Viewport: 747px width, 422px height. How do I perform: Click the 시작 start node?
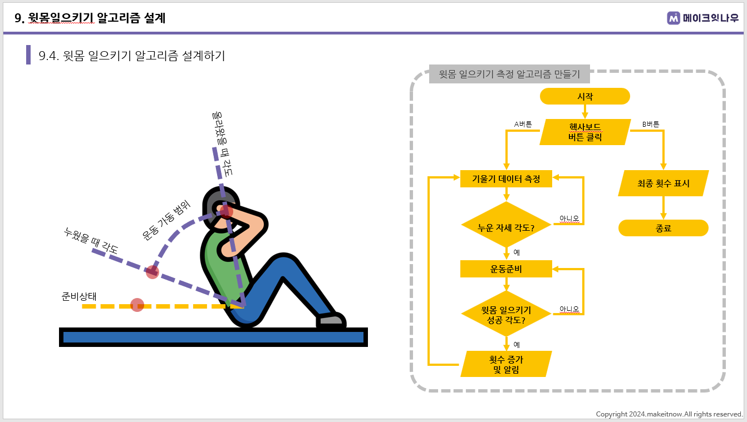tap(584, 96)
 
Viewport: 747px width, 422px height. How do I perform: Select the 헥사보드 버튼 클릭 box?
tap(585, 132)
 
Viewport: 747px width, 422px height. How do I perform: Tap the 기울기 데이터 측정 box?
tap(506, 179)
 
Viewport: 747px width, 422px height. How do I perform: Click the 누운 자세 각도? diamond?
tap(506, 225)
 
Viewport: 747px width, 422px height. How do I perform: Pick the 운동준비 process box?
tap(506, 269)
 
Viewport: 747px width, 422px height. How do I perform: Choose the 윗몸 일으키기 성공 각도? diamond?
tap(506, 314)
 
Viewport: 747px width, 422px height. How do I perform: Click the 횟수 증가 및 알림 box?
tap(506, 364)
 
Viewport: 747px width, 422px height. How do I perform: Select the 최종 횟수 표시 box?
tap(664, 183)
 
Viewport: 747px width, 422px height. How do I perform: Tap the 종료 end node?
tap(664, 228)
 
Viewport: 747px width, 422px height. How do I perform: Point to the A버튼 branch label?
tap(523, 124)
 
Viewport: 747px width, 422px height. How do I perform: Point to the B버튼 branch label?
tap(651, 124)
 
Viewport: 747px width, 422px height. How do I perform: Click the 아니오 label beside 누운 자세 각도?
tap(569, 219)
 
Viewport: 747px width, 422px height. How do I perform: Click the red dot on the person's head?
tap(227, 211)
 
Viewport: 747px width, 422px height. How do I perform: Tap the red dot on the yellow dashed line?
tap(137, 305)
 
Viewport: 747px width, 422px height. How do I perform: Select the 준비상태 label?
tap(79, 296)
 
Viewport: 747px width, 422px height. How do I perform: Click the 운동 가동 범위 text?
tap(166, 220)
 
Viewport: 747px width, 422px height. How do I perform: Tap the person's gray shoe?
tap(331, 320)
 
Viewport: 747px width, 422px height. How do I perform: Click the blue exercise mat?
tap(213, 337)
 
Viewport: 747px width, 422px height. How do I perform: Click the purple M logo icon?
tap(674, 18)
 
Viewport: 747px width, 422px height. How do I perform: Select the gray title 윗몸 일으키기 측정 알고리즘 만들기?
tap(509, 74)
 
